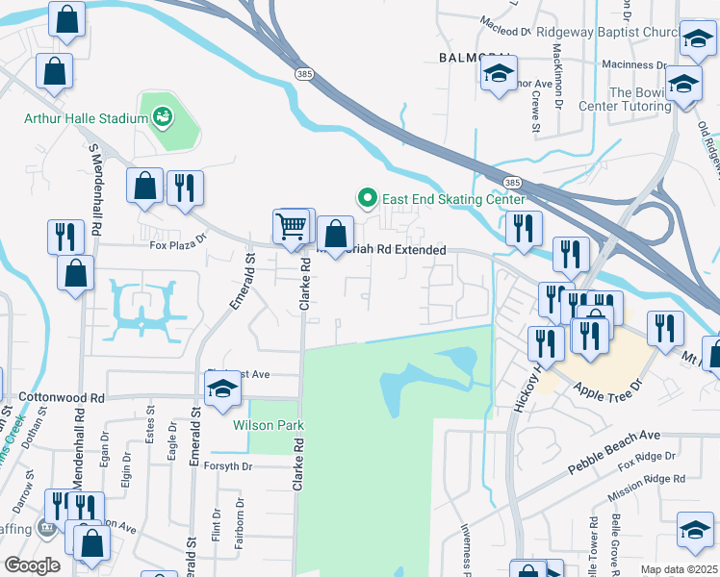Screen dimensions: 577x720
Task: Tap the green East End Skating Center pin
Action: point(367,199)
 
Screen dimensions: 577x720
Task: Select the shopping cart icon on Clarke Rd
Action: point(290,227)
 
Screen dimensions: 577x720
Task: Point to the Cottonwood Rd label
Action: point(61,397)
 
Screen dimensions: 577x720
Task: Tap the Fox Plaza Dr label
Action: point(178,244)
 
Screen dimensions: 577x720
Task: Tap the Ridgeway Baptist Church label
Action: point(607,32)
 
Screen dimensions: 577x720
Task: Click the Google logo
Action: point(32,565)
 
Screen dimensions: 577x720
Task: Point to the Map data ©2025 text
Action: point(679,569)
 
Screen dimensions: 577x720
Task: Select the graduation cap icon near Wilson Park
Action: point(221,389)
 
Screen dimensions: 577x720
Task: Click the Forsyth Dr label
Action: point(228,466)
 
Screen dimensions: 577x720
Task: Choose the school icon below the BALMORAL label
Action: point(499,74)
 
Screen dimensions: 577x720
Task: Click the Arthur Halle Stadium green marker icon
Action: point(163,117)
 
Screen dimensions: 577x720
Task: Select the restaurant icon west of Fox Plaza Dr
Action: point(64,236)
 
